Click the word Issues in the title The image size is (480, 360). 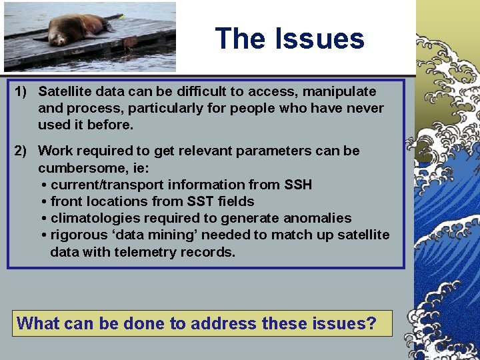[x=325, y=39]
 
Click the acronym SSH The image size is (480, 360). [x=297, y=185]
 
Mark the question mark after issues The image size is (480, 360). [x=372, y=324]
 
